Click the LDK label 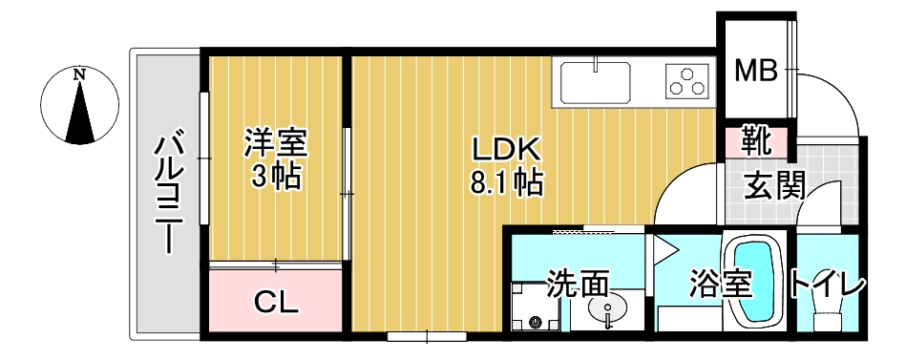pyautogui.click(x=506, y=149)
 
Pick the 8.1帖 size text pyautogui.click(x=506, y=181)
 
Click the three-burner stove pyautogui.click(x=687, y=81)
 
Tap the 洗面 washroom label pyautogui.click(x=578, y=284)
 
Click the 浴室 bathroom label pyautogui.click(x=719, y=285)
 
